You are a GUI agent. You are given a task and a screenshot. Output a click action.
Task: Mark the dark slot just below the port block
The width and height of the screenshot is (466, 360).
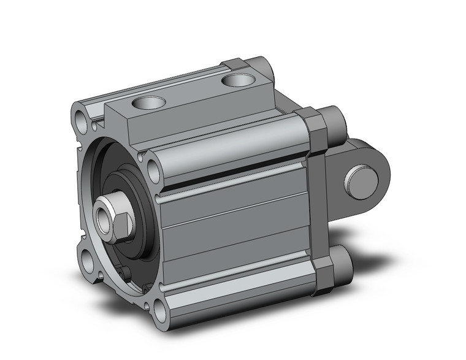(233, 170)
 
